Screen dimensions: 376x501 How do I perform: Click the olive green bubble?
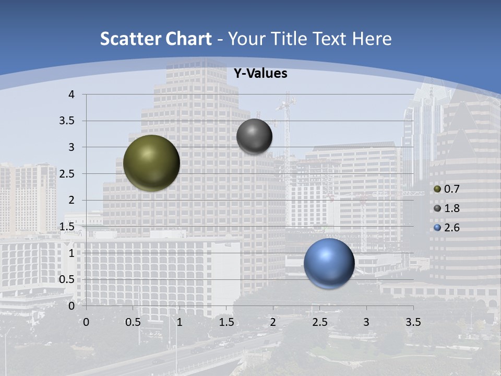152,163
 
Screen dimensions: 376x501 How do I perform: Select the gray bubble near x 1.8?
254,136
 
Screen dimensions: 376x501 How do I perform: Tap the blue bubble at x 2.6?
329,263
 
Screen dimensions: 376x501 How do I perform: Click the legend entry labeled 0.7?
447,189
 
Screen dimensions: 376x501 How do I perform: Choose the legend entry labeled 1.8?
447,208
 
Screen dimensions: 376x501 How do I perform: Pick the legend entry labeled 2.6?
447,228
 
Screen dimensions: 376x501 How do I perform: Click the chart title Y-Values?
260,74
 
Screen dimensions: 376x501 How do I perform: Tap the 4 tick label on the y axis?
71,95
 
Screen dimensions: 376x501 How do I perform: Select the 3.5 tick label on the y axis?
67,121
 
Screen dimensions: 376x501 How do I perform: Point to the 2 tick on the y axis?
71,200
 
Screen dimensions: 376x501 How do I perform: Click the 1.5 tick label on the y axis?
67,227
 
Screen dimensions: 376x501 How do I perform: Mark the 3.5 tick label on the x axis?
413,322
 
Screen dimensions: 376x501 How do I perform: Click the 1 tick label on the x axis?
180,322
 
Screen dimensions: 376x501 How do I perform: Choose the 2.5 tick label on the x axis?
319,322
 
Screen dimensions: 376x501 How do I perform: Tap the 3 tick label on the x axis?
366,322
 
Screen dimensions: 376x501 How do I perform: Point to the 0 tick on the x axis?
86,322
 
